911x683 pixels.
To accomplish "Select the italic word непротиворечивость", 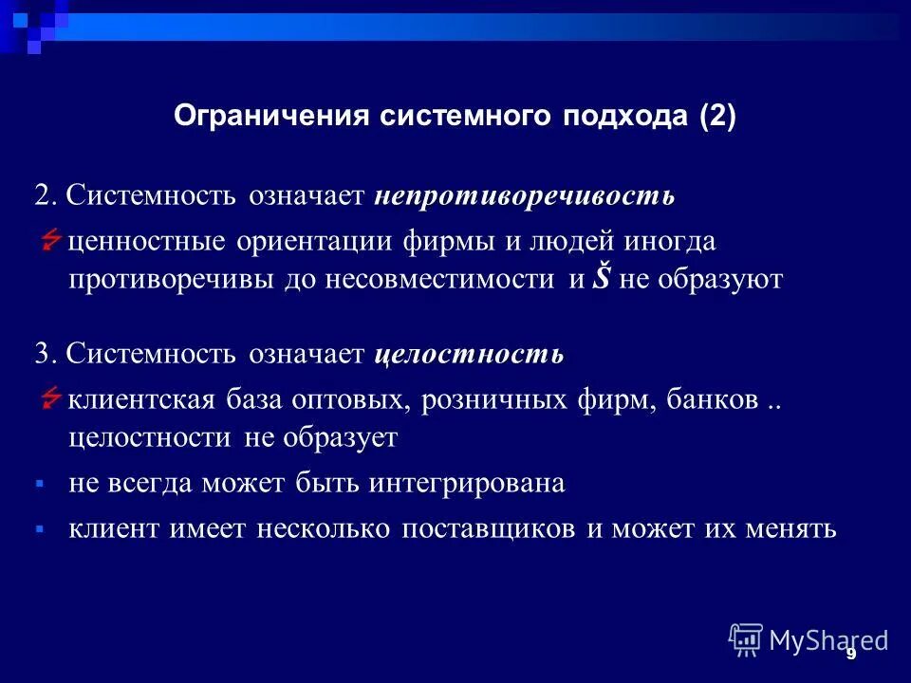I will point(524,196).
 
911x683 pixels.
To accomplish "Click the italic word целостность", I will point(469,355).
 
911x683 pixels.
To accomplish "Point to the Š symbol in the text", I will point(601,280).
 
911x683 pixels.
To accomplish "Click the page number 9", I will point(851,654).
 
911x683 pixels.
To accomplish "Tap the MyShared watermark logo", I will point(808,640).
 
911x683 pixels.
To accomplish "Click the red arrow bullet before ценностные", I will point(51,242).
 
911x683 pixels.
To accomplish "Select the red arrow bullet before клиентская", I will point(51,400).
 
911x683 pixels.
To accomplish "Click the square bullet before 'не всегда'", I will point(40,484).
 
